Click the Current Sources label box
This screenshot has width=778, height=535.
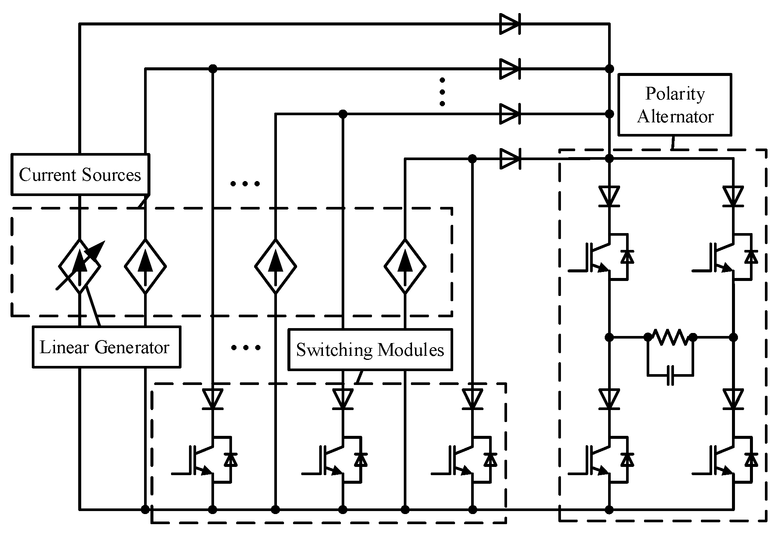tap(80, 174)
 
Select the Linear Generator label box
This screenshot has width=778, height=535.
tap(106, 347)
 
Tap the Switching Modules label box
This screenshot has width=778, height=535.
tap(370, 349)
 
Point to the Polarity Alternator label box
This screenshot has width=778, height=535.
tap(674, 105)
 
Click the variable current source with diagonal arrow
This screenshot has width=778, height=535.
tap(80, 266)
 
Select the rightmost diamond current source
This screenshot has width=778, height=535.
tap(405, 266)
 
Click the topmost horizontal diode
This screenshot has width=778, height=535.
tap(510, 24)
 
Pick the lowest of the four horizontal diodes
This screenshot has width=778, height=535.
tap(510, 159)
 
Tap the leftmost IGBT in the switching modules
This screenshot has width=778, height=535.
tap(204, 460)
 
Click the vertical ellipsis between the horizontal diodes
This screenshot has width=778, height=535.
tap(442, 92)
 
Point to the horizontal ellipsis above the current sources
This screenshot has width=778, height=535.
tap(245, 184)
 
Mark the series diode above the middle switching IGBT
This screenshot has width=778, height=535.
tap(342, 399)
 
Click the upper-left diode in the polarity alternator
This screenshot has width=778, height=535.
tap(609, 196)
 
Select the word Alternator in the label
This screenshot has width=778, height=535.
tap(675, 117)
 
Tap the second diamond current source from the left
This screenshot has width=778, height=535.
tap(145, 266)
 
